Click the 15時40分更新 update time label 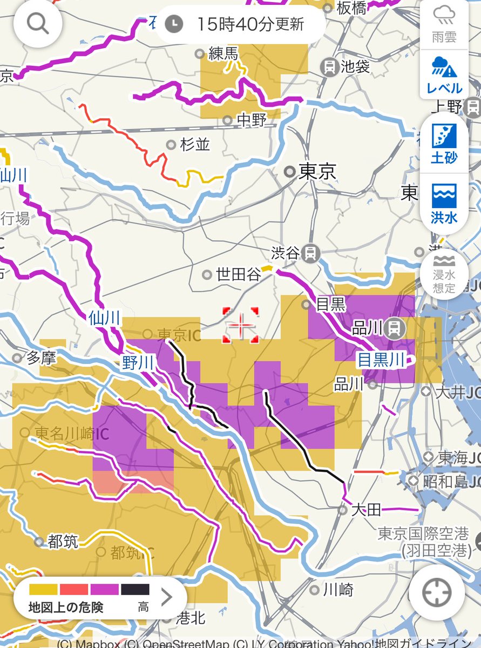241,24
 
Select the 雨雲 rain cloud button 444,25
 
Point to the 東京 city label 317,172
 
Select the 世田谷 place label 238,274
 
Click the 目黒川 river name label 380,360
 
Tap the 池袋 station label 355,67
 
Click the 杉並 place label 195,145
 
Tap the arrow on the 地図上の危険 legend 166,597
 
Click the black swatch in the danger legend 135,589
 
